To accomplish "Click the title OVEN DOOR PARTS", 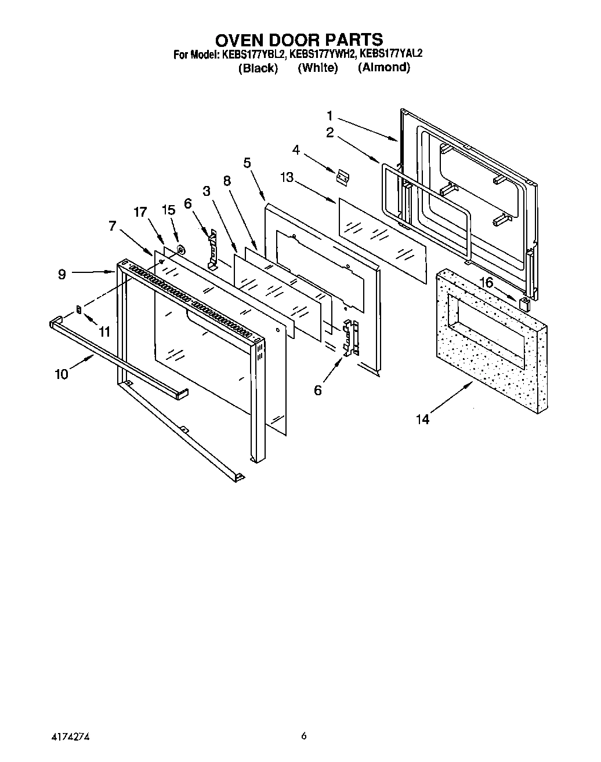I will (x=299, y=39).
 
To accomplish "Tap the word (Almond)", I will (x=383, y=67).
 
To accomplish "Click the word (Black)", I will (x=258, y=68).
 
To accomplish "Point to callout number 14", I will (x=422, y=420).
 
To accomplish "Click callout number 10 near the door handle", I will (x=61, y=374).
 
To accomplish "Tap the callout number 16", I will (x=486, y=282).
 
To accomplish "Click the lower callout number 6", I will (x=317, y=390).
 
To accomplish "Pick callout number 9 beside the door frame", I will (x=62, y=275).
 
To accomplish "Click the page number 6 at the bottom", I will (x=303, y=737).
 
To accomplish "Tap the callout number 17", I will (x=140, y=212).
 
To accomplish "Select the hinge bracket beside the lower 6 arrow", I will (x=350, y=337).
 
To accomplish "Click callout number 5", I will (x=247, y=163).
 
